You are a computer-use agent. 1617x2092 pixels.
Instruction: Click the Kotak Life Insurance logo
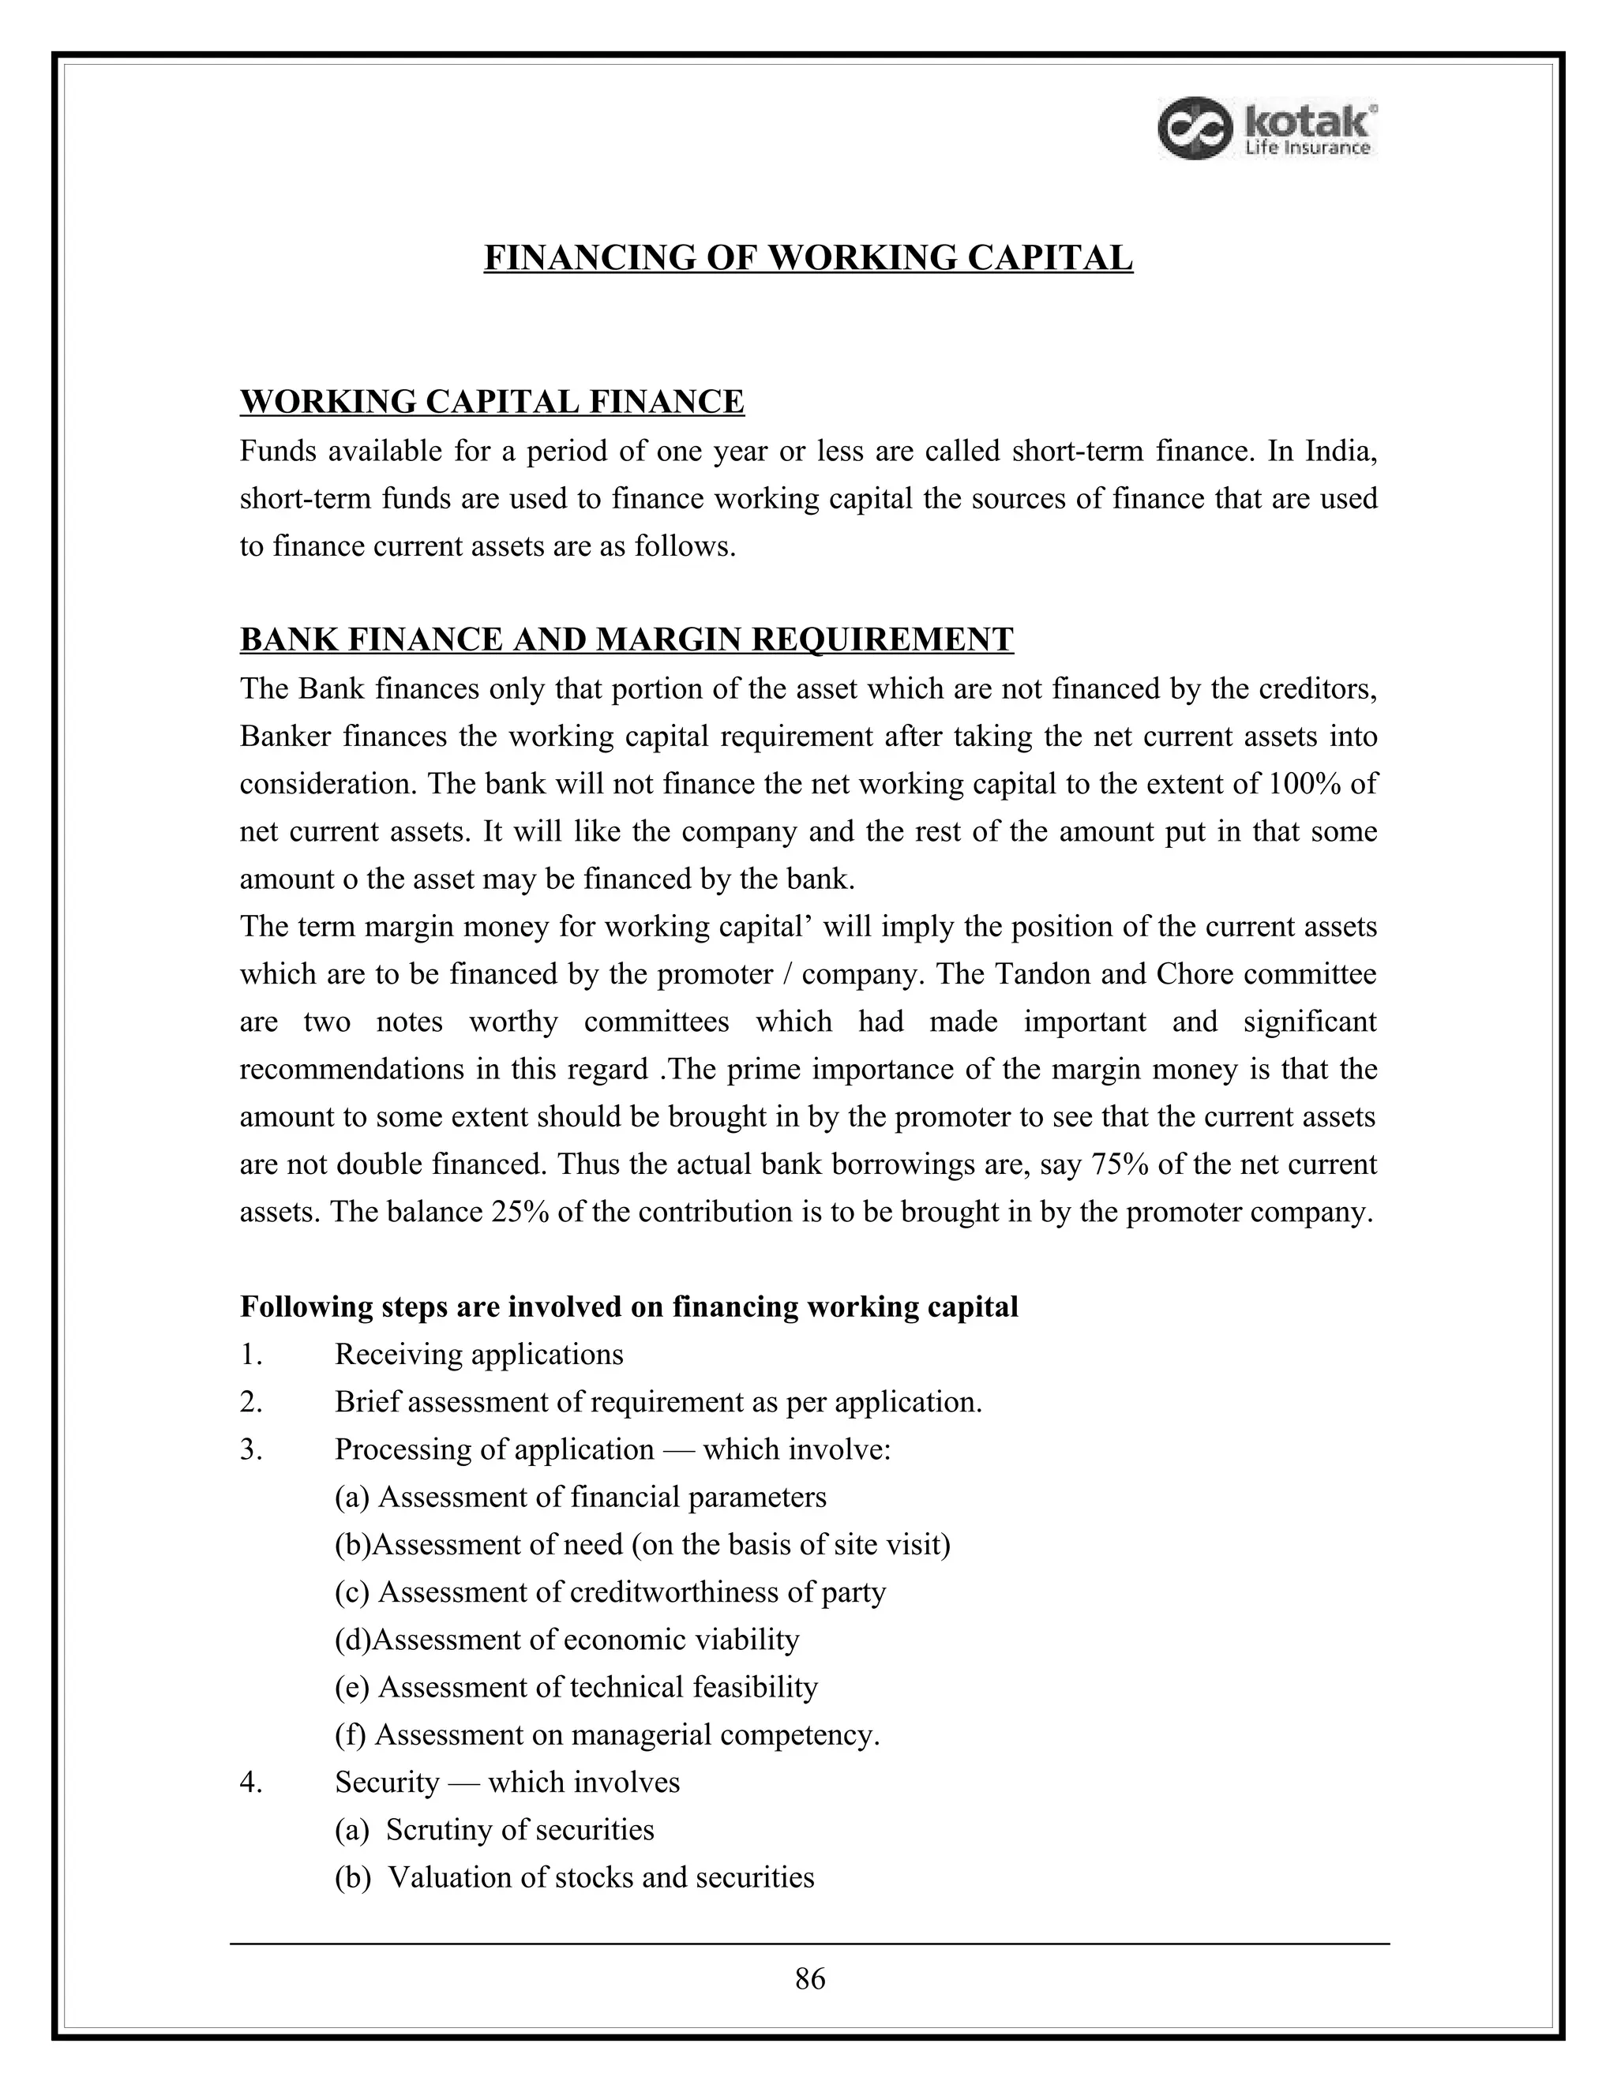[x=1267, y=129]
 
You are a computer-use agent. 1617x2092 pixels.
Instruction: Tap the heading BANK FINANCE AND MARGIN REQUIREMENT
[x=626, y=639]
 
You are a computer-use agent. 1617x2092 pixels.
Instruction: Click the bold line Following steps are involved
[x=628, y=1307]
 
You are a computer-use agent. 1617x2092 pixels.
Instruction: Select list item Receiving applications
[x=479, y=1355]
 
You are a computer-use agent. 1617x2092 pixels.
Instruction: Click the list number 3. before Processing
[x=251, y=1449]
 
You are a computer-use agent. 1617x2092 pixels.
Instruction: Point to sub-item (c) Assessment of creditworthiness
[x=610, y=1592]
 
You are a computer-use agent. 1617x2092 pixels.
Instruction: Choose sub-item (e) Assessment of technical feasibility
[x=576, y=1687]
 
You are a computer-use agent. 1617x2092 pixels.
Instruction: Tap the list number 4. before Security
[x=251, y=1782]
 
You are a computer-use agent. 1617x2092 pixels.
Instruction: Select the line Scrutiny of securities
[x=520, y=1830]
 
